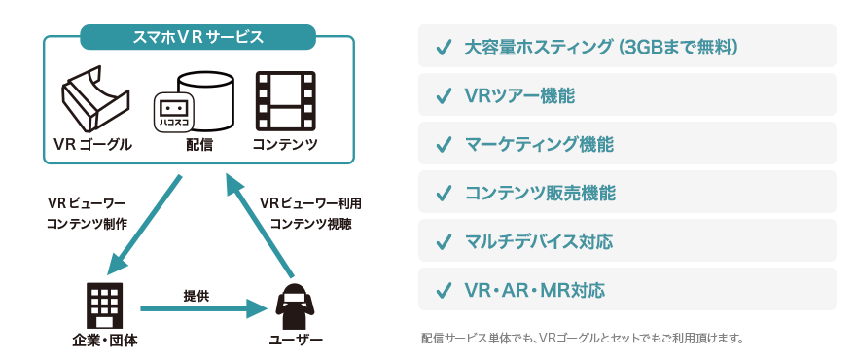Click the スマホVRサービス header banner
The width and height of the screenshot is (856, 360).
click(x=197, y=38)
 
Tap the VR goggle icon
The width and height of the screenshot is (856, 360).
click(x=94, y=97)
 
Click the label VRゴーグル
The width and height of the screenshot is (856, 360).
click(x=92, y=145)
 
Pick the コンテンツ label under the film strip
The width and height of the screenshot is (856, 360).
click(x=285, y=145)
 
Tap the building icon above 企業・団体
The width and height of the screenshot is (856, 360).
click(x=105, y=305)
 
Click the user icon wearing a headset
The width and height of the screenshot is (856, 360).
click(x=295, y=306)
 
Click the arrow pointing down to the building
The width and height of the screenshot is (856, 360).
click(x=146, y=225)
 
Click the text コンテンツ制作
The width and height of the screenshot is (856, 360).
click(x=87, y=224)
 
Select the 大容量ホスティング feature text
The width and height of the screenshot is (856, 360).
click(x=603, y=47)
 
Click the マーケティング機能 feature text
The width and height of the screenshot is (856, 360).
click(x=539, y=144)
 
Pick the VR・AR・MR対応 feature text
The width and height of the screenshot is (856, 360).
click(x=535, y=290)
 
